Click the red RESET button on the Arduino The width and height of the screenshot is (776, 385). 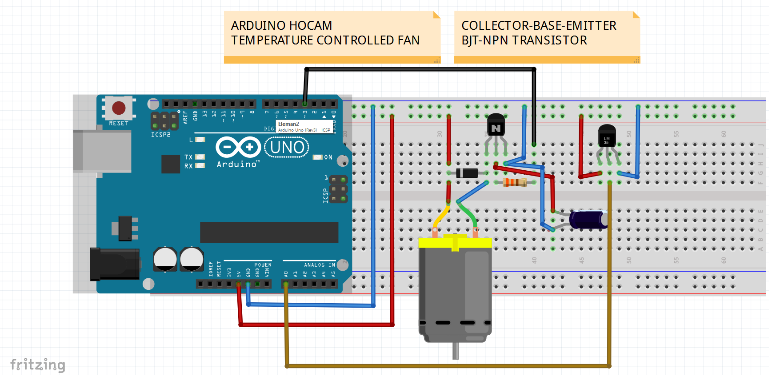click(119, 108)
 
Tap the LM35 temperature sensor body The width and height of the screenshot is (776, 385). click(607, 136)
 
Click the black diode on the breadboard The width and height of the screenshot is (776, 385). click(467, 173)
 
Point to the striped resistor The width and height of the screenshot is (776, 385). click(515, 182)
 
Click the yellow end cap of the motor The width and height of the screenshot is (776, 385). click(455, 243)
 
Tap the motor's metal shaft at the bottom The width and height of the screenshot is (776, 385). click(455, 351)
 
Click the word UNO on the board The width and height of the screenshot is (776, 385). click(287, 147)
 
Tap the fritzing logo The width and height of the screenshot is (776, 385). click(38, 365)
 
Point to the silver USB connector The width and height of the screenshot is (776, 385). click(102, 151)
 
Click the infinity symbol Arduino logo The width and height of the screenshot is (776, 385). click(238, 147)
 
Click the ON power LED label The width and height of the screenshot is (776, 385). click(328, 157)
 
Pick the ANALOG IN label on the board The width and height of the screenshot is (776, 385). click(319, 265)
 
